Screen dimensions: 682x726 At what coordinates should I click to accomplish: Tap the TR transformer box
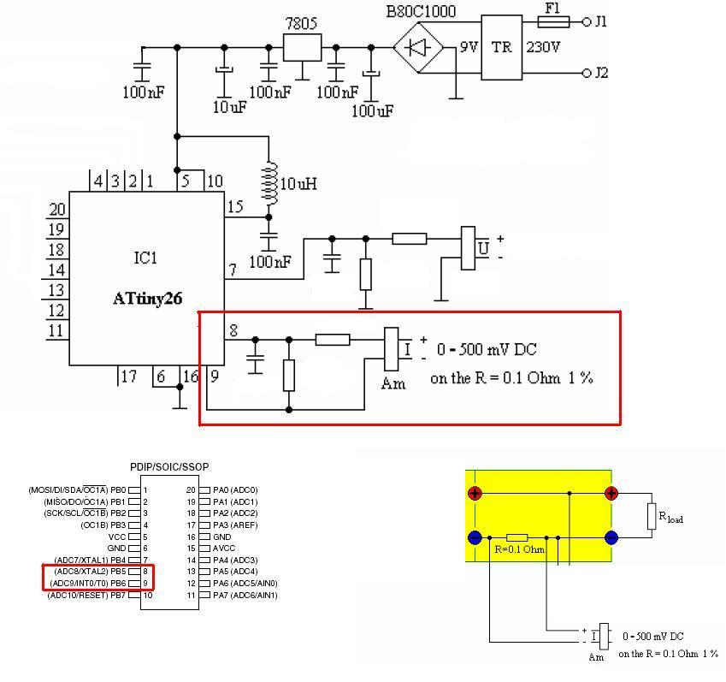click(x=501, y=47)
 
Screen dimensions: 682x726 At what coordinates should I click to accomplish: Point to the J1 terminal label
click(x=601, y=22)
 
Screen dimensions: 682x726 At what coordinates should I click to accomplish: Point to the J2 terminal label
click(x=601, y=74)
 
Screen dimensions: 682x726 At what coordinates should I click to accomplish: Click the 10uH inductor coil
click(x=270, y=183)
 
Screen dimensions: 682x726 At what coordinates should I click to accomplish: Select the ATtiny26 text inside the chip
click(x=147, y=299)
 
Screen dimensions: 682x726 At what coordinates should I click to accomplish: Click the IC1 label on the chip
click(x=145, y=258)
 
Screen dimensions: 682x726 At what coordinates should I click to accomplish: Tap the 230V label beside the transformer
click(x=543, y=48)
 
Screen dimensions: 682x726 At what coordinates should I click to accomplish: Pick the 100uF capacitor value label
click(x=373, y=110)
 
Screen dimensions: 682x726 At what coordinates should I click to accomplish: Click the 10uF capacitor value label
click(x=230, y=107)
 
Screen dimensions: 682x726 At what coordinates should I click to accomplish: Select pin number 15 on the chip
click(x=235, y=207)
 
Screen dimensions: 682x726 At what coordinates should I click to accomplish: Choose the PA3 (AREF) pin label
click(x=233, y=525)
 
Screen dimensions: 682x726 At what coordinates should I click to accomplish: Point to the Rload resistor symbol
click(x=652, y=514)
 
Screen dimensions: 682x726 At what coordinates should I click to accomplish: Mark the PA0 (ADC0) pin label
click(x=228, y=489)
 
